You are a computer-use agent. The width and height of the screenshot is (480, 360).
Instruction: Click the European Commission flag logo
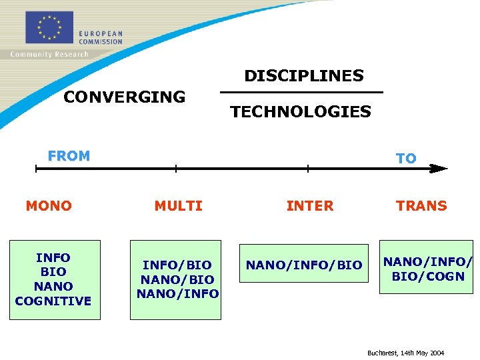(49, 28)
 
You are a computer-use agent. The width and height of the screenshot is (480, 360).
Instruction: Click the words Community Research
(49, 54)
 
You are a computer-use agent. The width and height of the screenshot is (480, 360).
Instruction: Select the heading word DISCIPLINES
(304, 76)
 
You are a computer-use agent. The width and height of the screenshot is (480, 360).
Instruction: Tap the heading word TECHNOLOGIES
(301, 112)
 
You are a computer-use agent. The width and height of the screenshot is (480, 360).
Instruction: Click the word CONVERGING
(124, 97)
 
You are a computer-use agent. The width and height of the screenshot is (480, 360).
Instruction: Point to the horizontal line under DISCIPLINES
(301, 92)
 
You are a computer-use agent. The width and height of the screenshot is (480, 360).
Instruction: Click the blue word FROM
(69, 156)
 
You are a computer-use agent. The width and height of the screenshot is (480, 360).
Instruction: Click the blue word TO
(406, 158)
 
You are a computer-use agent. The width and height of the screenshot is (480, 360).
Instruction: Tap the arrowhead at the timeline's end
(437, 169)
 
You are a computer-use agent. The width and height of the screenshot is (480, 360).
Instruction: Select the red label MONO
(49, 206)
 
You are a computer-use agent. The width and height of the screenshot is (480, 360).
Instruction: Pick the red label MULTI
(178, 206)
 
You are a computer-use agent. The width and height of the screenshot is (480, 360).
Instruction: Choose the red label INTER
(309, 206)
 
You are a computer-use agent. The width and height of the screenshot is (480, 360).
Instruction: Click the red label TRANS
(421, 206)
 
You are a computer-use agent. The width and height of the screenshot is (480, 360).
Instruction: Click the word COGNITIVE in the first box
(53, 301)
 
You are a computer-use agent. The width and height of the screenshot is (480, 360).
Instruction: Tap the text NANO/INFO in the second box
(177, 293)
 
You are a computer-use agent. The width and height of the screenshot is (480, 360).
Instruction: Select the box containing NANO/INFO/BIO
(304, 265)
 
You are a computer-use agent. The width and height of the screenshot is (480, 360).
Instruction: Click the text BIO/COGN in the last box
(427, 276)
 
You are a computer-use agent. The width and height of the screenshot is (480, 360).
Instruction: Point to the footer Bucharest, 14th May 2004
(405, 353)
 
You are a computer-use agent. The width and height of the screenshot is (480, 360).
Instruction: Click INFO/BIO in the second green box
(177, 265)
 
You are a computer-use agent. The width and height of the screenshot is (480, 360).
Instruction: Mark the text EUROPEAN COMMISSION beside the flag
(101, 37)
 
